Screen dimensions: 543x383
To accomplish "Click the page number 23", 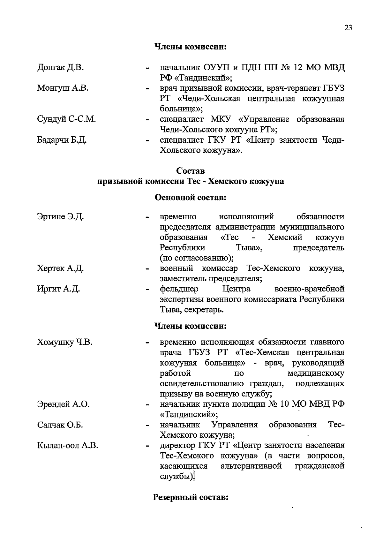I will (x=348, y=28).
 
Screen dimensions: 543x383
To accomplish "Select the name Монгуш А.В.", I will (x=63, y=88).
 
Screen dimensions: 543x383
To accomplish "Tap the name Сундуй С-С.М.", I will (x=66, y=119).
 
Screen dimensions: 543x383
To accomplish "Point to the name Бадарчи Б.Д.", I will (x=62, y=140).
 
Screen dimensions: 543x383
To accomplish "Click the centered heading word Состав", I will (x=191, y=171).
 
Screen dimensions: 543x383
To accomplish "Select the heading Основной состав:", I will (x=191, y=198).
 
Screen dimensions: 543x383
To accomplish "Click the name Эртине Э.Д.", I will (x=60, y=217).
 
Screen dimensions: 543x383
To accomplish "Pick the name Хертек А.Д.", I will (x=60, y=268).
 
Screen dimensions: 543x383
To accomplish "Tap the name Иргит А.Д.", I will (x=58, y=289).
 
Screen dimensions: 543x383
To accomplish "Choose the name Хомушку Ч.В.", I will (x=65, y=343).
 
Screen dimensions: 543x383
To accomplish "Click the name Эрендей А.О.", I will (x=63, y=404).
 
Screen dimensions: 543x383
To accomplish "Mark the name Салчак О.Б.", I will (x=60, y=425).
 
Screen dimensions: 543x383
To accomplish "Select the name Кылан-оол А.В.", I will (x=68, y=446).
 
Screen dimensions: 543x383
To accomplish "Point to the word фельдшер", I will (x=179, y=289).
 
